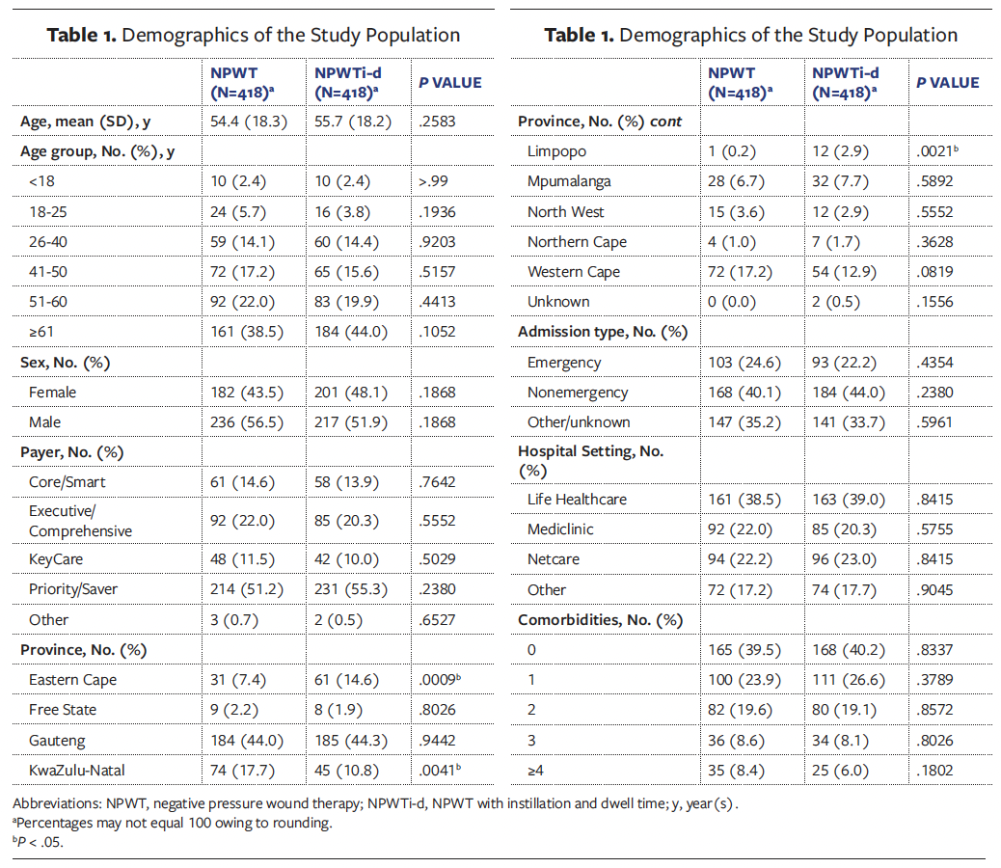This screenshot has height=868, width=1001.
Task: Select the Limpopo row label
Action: (556, 151)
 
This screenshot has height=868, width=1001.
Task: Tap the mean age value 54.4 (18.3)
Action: (248, 122)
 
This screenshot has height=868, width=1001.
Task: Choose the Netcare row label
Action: (553, 559)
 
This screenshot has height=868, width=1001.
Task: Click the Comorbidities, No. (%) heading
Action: (599, 620)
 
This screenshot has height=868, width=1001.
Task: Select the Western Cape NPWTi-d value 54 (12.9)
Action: (845, 272)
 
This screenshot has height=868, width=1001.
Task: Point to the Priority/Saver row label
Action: (73, 589)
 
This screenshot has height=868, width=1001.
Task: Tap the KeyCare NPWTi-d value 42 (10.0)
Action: (347, 559)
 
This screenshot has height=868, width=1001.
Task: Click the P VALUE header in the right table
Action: (947, 83)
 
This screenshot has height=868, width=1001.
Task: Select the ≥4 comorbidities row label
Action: (536, 770)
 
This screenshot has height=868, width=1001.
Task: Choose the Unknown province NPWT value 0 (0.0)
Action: (737, 302)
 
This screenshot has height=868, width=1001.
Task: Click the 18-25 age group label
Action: (48, 212)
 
